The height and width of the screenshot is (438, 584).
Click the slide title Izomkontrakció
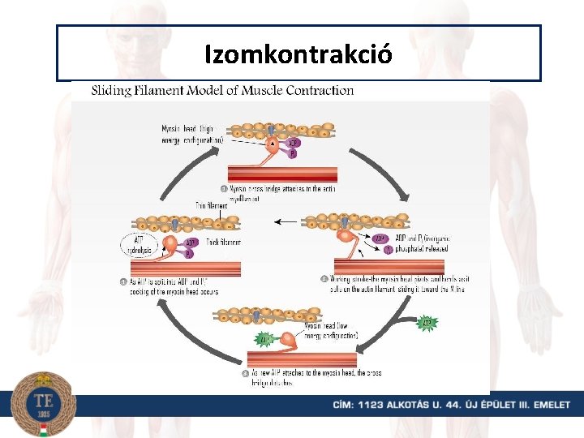pyautogui.click(x=298, y=54)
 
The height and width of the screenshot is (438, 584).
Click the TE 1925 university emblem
pyautogui.click(x=43, y=403)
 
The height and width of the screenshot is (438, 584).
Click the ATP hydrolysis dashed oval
pyautogui.click(x=142, y=245)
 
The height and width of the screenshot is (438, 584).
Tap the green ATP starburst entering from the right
pyautogui.click(x=428, y=324)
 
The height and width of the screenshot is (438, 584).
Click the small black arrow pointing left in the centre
pyautogui.click(x=284, y=221)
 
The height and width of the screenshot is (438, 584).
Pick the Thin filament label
pyautogui.click(x=212, y=205)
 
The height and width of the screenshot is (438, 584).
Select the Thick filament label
pyautogui.click(x=222, y=242)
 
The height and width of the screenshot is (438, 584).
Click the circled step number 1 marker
pyautogui.click(x=235, y=189)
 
